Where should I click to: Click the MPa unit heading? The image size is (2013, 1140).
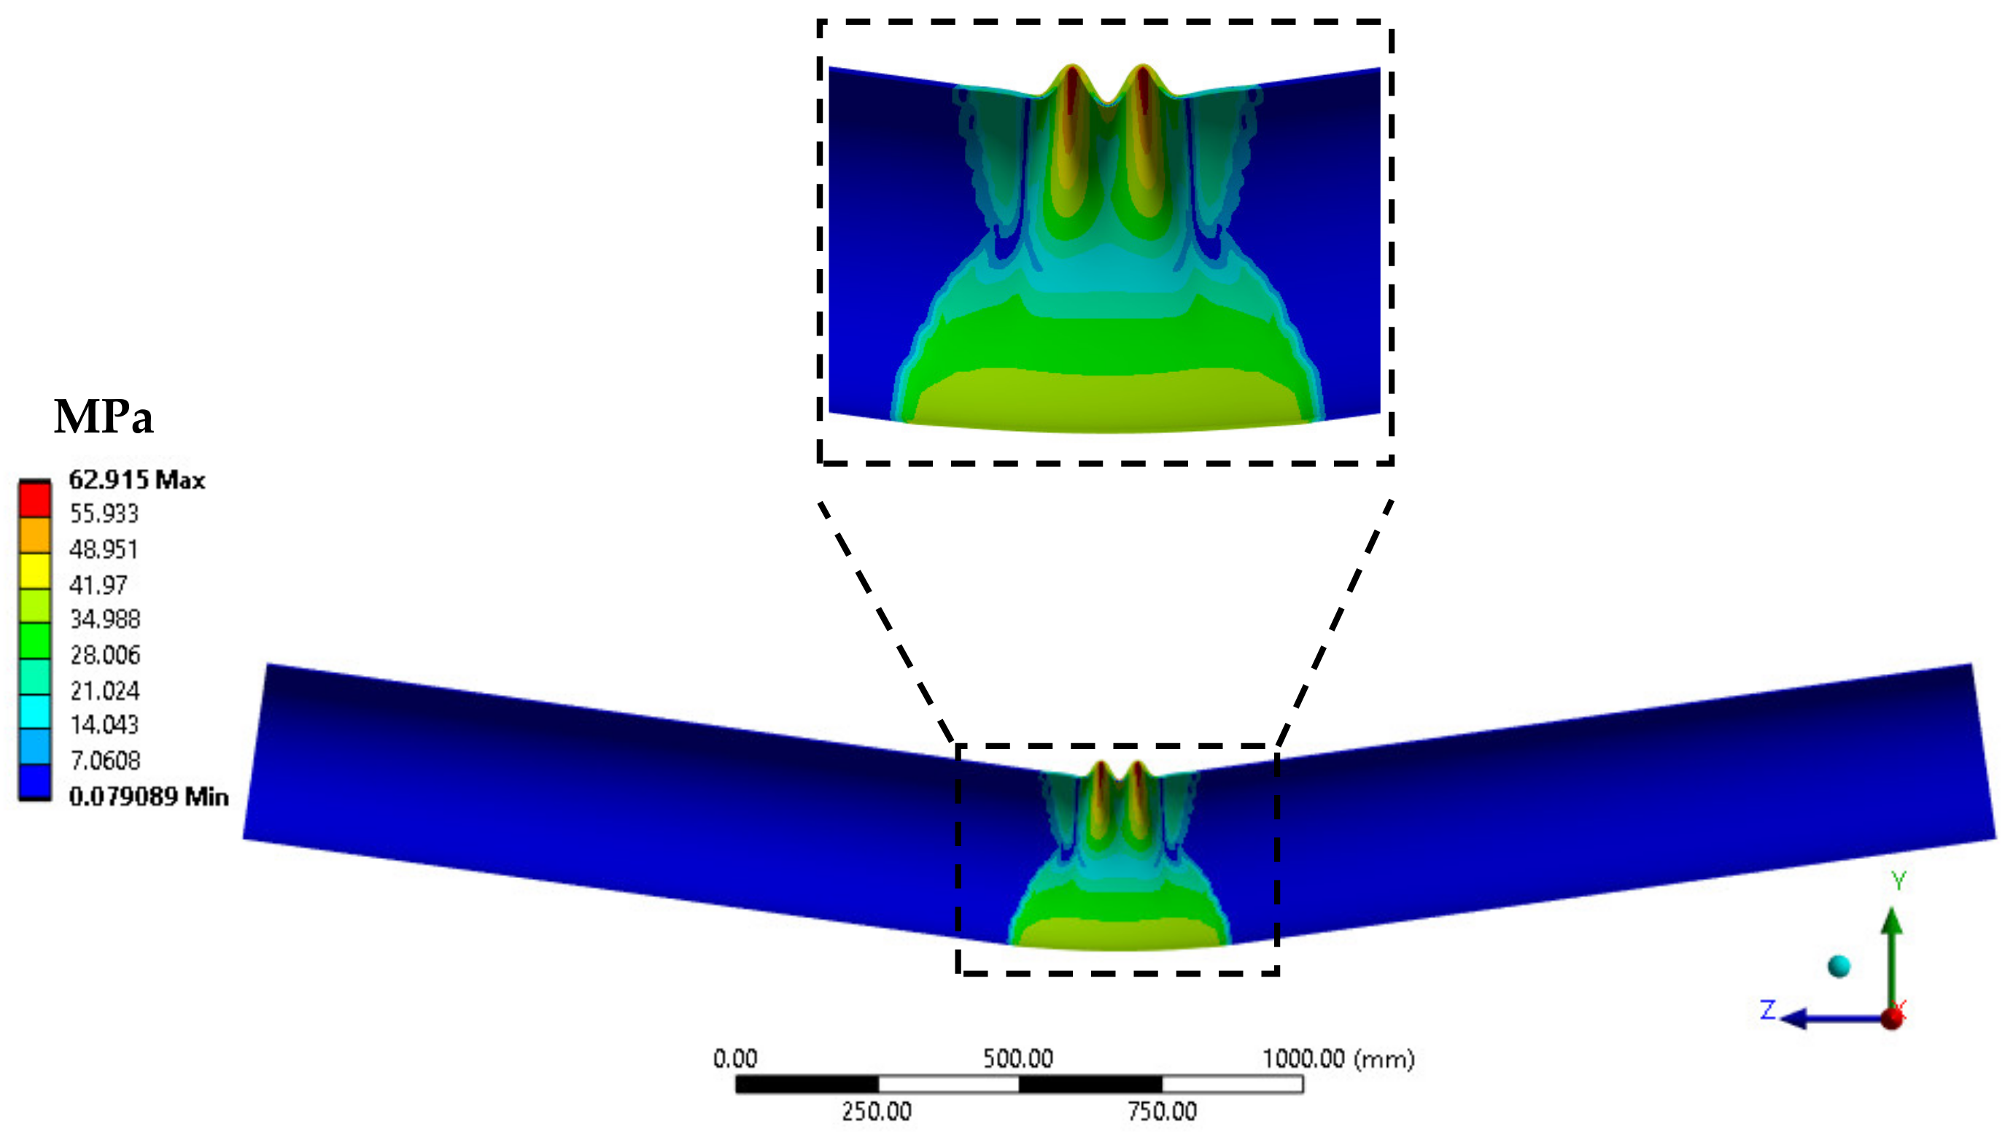[104, 416]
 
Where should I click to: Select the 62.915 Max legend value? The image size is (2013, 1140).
[137, 479]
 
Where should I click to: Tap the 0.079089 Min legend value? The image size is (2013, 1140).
[149, 796]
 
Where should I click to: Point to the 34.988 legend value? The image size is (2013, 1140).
[105, 619]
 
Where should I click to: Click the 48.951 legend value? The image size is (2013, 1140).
[104, 549]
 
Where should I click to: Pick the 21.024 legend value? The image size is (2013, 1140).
[105, 691]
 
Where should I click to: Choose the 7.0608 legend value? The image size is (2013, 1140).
[105, 760]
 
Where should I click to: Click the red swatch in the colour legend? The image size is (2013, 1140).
[35, 499]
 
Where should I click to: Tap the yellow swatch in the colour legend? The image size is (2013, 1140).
[35, 571]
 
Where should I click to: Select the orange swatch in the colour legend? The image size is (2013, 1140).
[35, 535]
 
